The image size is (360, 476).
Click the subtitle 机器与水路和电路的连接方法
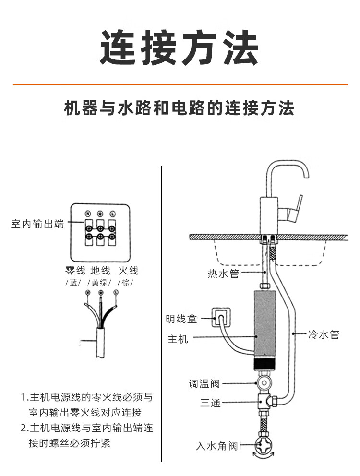[x=180, y=108]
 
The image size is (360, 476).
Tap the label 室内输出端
[x=37, y=224]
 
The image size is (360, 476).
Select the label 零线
[x=75, y=271]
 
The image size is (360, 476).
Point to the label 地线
[x=100, y=271]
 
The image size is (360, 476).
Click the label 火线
[x=128, y=271]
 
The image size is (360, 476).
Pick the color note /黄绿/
[x=100, y=282]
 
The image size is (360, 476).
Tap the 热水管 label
[x=223, y=274]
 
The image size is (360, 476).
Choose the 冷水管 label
[x=324, y=334]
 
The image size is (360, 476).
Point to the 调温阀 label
[x=204, y=383]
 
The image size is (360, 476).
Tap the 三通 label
[x=210, y=403]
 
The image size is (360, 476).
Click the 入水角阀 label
[x=217, y=446]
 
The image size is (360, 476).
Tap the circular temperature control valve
[x=264, y=383]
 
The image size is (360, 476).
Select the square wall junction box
[x=222, y=317]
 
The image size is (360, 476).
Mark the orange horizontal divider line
[x=180, y=85]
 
